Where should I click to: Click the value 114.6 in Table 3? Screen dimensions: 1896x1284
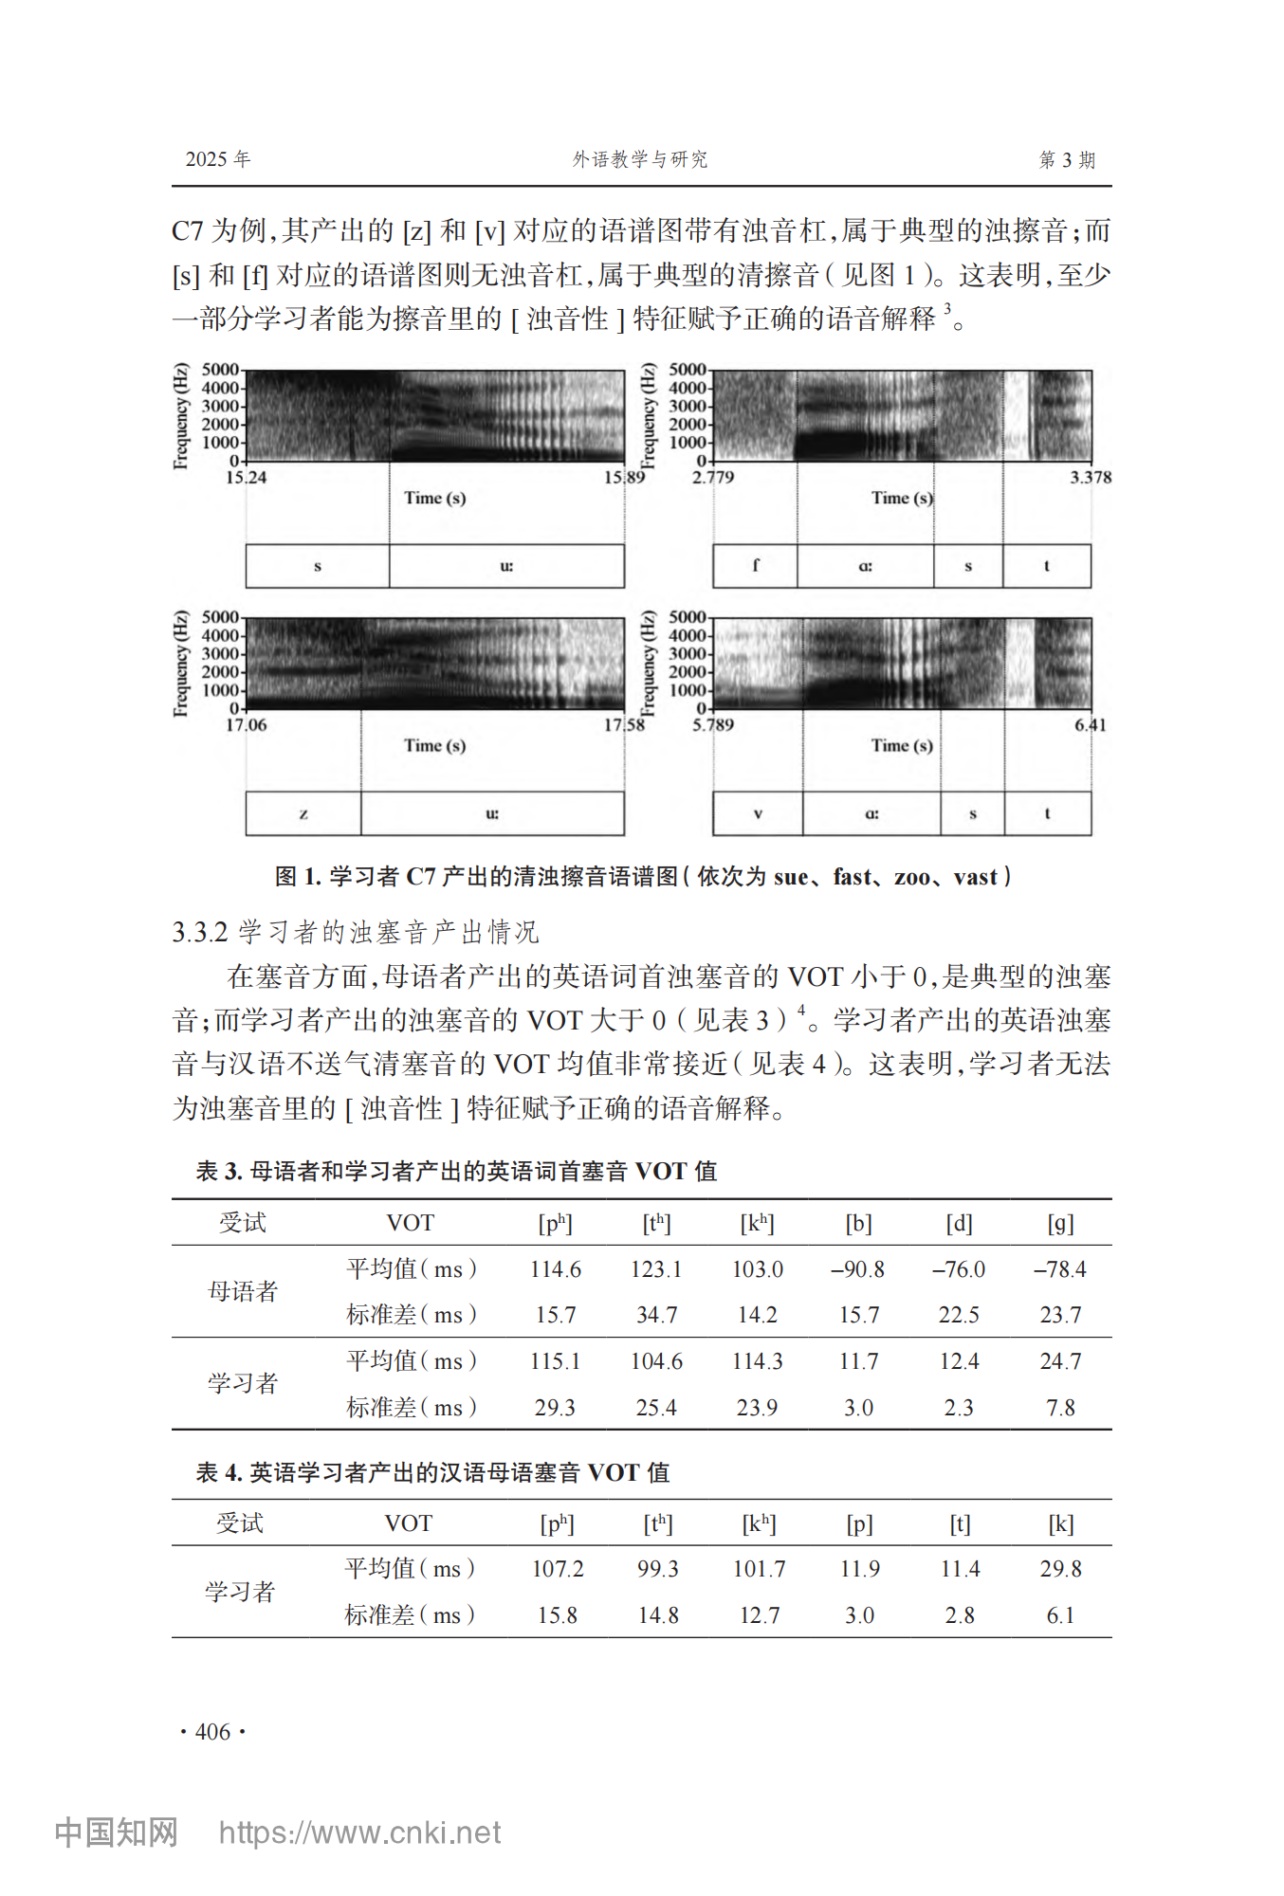pyautogui.click(x=556, y=1269)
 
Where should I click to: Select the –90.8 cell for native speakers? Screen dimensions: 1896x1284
pyautogui.click(x=857, y=1269)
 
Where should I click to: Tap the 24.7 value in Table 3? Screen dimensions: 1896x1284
pyautogui.click(x=1059, y=1361)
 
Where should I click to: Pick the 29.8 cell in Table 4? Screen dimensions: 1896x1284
pyautogui.click(x=1059, y=1569)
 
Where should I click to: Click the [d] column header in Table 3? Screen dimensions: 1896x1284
pyautogui.click(x=959, y=1224)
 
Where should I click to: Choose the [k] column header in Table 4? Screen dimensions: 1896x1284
pyautogui.click(x=1060, y=1523)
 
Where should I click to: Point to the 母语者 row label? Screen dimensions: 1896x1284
pyautogui.click(x=243, y=1291)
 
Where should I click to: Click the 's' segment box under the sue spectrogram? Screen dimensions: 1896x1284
pyautogui.click(x=318, y=566)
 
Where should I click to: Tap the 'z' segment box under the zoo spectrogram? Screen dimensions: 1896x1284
pyautogui.click(x=303, y=813)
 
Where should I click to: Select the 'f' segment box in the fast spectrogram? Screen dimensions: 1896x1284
pyautogui.click(x=755, y=566)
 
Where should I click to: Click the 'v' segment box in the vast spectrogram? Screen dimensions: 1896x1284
pyautogui.click(x=758, y=813)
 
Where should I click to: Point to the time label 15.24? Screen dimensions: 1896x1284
pyautogui.click(x=246, y=478)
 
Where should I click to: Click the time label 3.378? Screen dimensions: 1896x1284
pyautogui.click(x=1091, y=478)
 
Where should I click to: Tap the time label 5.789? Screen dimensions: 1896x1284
pyautogui.click(x=713, y=725)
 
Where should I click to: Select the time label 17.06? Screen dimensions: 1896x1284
pyautogui.click(x=246, y=725)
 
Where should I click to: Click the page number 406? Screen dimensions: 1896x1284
pyautogui.click(x=212, y=1732)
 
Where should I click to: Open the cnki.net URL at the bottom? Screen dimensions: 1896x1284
pyautogui.click(x=359, y=1832)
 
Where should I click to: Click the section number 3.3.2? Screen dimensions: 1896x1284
pyautogui.click(x=200, y=933)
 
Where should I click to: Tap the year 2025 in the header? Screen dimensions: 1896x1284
pyautogui.click(x=207, y=159)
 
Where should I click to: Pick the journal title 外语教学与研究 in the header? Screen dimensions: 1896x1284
pyautogui.click(x=640, y=159)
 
